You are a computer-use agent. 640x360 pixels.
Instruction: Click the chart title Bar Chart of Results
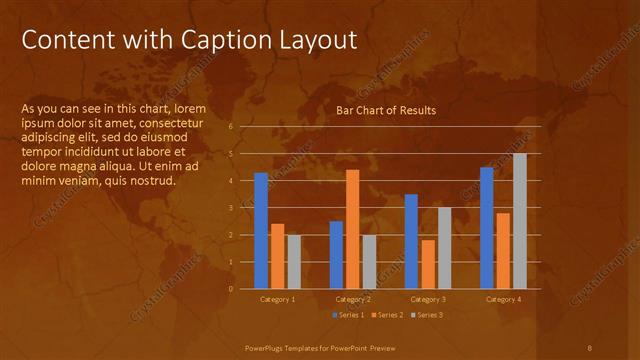click(385, 110)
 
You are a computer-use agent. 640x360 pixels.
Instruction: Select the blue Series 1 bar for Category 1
click(261, 231)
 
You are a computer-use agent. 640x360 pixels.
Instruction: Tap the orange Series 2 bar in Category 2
click(352, 229)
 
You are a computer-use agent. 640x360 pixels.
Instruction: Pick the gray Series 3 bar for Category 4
click(519, 221)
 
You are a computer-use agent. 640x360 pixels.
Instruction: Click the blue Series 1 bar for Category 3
click(411, 241)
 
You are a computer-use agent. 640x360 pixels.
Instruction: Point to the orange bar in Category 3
click(428, 264)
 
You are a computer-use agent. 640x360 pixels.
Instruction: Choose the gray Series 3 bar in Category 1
click(294, 261)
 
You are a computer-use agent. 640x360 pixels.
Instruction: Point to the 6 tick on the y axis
click(231, 127)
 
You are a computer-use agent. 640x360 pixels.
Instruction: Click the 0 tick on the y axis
click(231, 289)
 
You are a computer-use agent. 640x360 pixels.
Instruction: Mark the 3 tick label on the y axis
click(231, 208)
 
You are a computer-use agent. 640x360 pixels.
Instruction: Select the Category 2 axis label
click(352, 299)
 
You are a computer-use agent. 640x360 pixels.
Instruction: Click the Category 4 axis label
click(503, 299)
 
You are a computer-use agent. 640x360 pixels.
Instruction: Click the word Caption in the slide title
click(223, 40)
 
